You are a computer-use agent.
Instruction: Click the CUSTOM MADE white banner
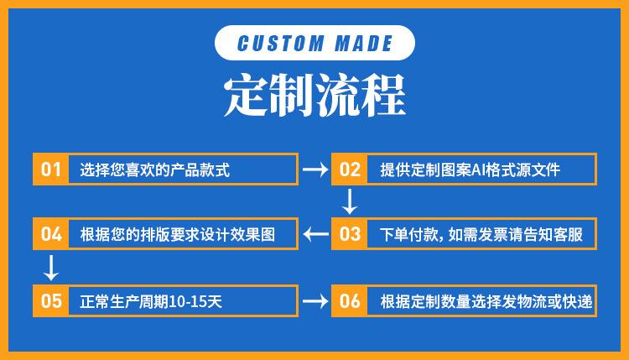pyautogui.click(x=314, y=44)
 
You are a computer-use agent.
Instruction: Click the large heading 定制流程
pyautogui.click(x=314, y=97)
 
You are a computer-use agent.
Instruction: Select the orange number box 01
pyautogui.click(x=51, y=170)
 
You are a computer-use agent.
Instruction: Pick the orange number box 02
pyautogui.click(x=350, y=170)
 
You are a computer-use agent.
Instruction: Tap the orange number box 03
pyautogui.click(x=350, y=234)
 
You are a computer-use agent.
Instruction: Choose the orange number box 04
pyautogui.click(x=51, y=234)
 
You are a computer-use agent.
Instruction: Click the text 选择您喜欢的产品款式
pyautogui.click(x=155, y=170)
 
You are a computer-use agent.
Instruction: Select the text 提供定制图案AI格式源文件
pyautogui.click(x=470, y=170)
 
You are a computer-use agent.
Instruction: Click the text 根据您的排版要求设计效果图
pyautogui.click(x=178, y=234)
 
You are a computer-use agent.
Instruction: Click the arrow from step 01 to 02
pyautogui.click(x=314, y=170)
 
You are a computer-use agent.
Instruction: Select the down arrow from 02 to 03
pyautogui.click(x=350, y=201)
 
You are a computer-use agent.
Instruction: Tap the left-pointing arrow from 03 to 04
pyautogui.click(x=315, y=234)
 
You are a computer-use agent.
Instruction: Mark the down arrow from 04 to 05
pyautogui.click(x=50, y=267)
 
